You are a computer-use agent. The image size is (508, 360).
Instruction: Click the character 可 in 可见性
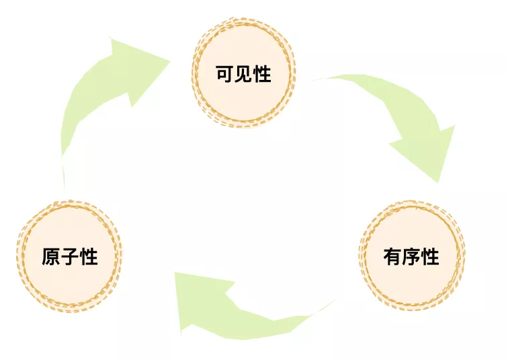point(224,73)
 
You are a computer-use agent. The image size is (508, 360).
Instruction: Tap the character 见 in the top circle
point(243,73)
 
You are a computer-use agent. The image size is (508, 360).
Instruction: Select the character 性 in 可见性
point(262,73)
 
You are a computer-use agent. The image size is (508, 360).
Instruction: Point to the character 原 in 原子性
point(52,257)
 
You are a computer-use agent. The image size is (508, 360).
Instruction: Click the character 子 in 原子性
point(71,257)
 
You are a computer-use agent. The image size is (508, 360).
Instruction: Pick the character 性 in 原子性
point(89,257)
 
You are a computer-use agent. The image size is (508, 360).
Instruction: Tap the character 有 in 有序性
point(392,257)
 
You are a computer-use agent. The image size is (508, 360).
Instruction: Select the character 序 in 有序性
point(411,257)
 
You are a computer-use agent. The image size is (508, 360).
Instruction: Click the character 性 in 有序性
point(430,257)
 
